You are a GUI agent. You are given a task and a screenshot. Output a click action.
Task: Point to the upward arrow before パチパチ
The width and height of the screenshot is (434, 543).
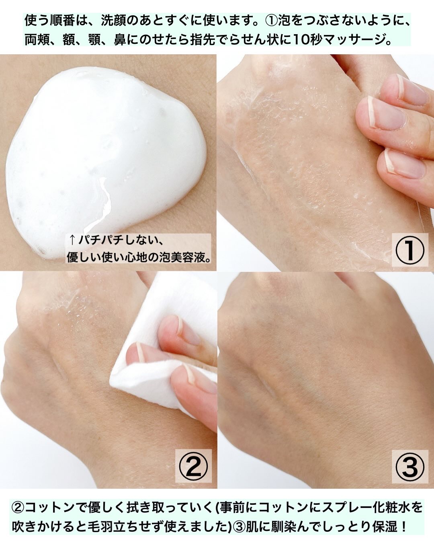click(x=72, y=241)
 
